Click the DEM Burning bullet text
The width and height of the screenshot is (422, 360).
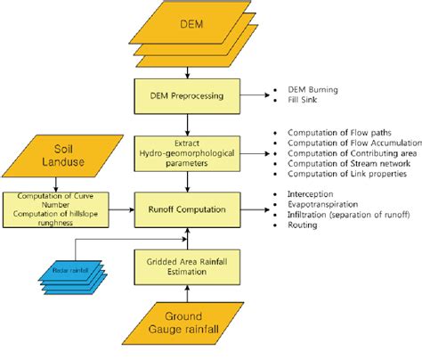click(312, 90)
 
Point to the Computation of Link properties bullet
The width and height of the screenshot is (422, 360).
click(344, 175)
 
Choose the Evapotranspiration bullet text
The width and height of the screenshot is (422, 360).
click(325, 205)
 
